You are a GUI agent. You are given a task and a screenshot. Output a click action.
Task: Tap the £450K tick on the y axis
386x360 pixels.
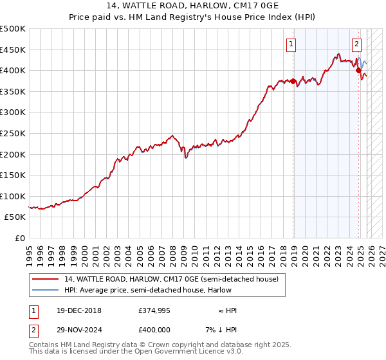(13, 50)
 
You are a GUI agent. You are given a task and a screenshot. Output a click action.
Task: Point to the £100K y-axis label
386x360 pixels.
(13, 196)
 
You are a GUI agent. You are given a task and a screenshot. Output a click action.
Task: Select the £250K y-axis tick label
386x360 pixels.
(13, 133)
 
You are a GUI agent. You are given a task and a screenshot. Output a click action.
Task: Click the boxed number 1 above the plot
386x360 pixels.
(291, 44)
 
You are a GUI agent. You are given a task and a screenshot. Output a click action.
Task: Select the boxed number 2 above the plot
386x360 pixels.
(356, 44)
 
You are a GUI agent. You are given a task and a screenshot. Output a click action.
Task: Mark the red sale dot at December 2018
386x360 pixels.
(293, 82)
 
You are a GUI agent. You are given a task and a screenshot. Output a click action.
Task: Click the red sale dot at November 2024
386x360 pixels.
(359, 71)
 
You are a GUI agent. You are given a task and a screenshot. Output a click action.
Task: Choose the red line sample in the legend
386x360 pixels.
(45, 280)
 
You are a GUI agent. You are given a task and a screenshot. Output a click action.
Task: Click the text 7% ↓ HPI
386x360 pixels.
(221, 329)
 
